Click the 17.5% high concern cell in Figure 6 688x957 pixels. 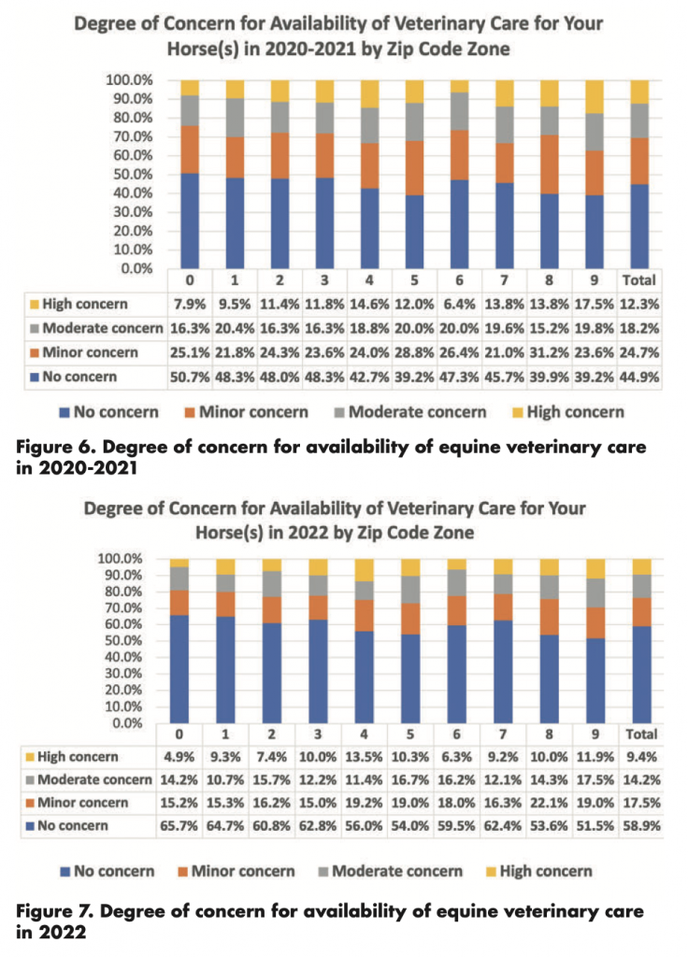click(594, 304)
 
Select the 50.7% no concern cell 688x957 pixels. click(189, 378)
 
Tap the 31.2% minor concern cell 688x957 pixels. click(548, 352)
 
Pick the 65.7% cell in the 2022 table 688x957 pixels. click(179, 826)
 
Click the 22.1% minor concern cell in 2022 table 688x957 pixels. click(548, 803)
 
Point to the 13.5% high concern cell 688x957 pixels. click(364, 757)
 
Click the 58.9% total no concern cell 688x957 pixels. click(641, 826)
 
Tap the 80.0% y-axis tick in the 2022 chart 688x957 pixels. click(120, 592)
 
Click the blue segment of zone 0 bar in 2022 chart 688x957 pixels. click(179, 669)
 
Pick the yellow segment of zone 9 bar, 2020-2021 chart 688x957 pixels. click(594, 96)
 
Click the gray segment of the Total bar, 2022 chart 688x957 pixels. click(641, 586)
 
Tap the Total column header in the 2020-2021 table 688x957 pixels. click(638, 280)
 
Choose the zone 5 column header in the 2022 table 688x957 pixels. click(409, 735)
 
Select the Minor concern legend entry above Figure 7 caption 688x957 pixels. click(236, 872)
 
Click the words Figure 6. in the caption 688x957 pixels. click(54, 448)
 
